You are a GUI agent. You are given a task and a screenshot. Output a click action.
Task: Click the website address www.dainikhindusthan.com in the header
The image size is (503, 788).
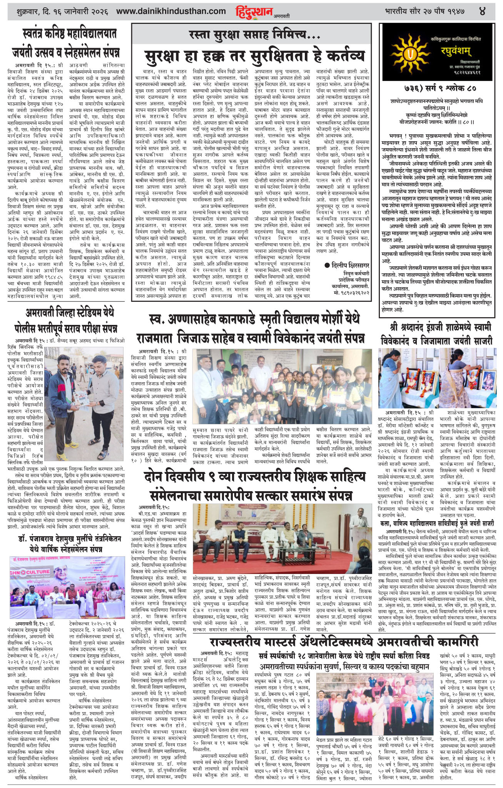point(171,12)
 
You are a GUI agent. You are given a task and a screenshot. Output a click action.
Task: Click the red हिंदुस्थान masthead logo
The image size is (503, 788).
point(254,12)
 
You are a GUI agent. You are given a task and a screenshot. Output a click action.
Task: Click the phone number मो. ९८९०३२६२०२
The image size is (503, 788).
point(352,293)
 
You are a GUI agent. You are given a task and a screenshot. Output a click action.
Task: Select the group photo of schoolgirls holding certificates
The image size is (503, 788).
point(282,386)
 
